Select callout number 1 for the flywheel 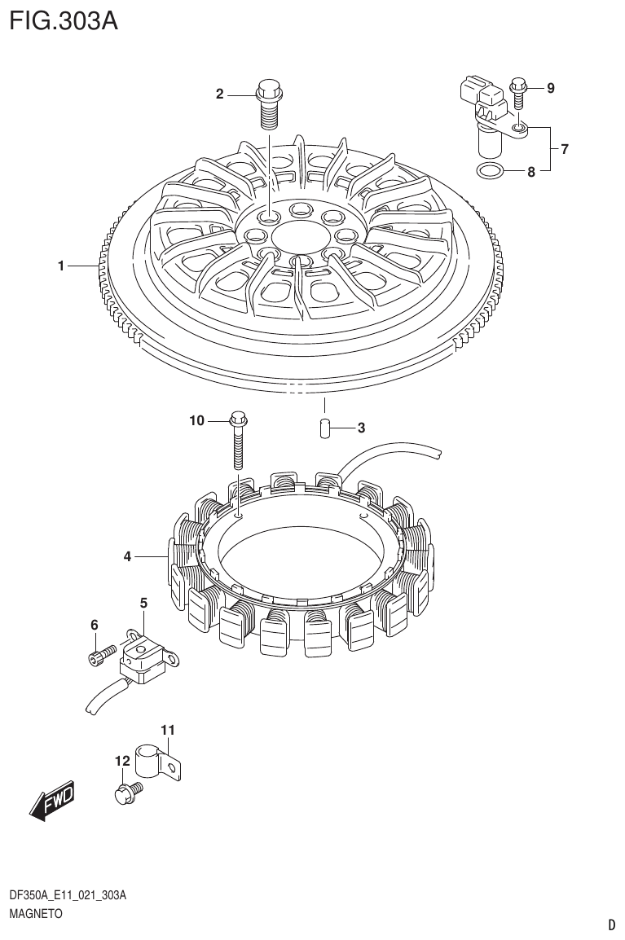(61, 266)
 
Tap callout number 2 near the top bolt (219, 94)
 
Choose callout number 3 (360, 428)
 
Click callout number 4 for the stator (127, 557)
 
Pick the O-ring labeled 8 (489, 171)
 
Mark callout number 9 (550, 88)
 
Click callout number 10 (196, 420)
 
